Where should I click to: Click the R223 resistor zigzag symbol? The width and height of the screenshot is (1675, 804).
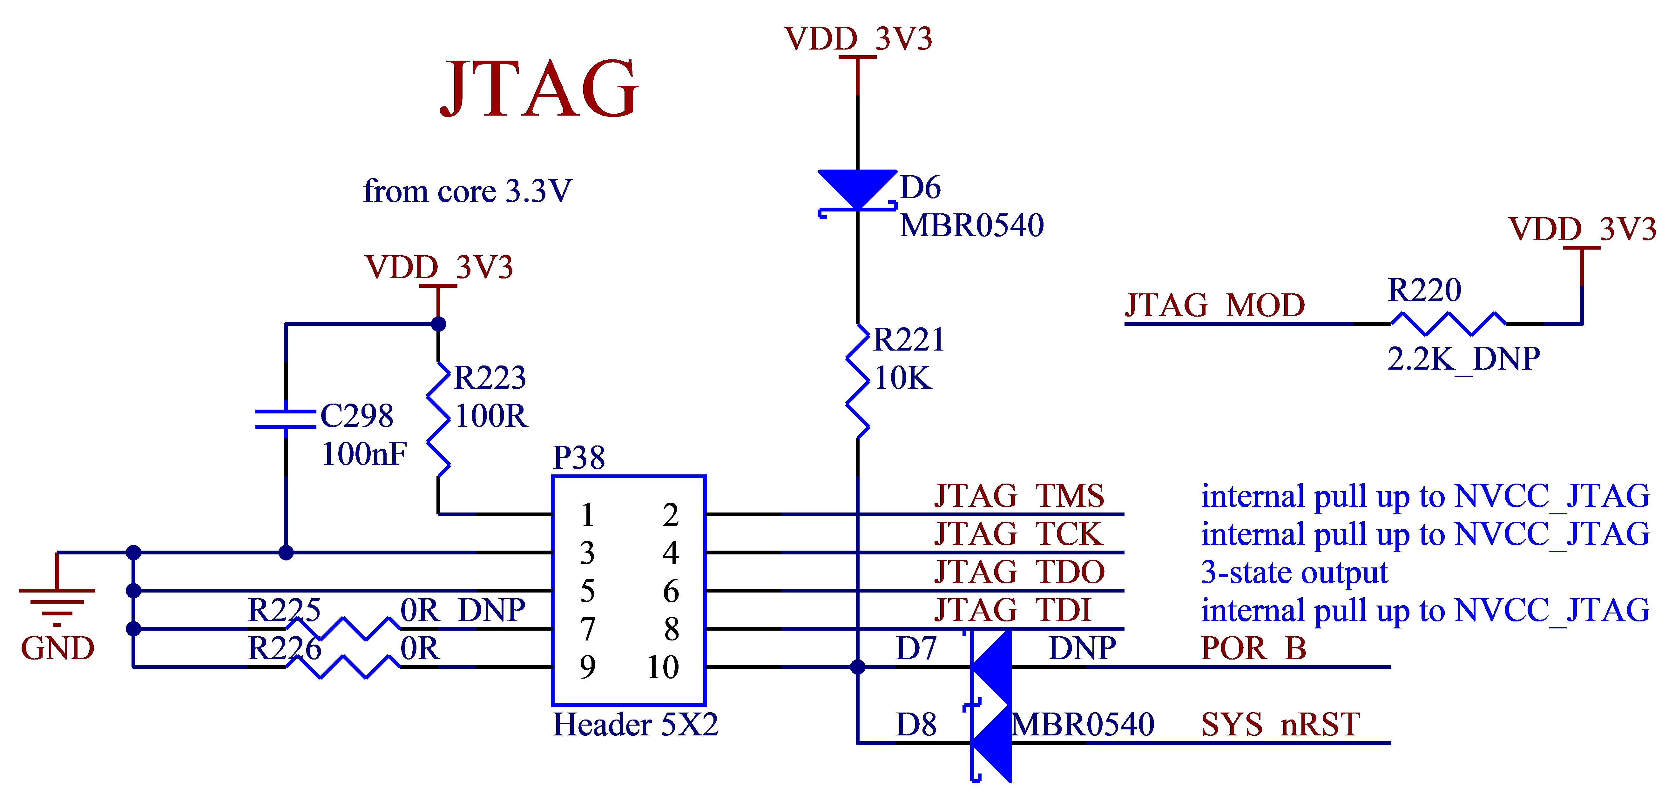click(438, 419)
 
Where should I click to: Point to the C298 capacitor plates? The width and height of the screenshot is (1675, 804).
click(286, 419)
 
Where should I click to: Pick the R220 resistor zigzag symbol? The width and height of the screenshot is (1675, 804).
click(1448, 323)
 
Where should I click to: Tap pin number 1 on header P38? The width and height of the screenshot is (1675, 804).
click(587, 515)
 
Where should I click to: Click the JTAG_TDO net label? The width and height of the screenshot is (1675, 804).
click(1019, 572)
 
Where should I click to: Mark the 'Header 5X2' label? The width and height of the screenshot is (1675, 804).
click(635, 724)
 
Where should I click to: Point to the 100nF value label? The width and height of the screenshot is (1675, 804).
click(364, 454)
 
